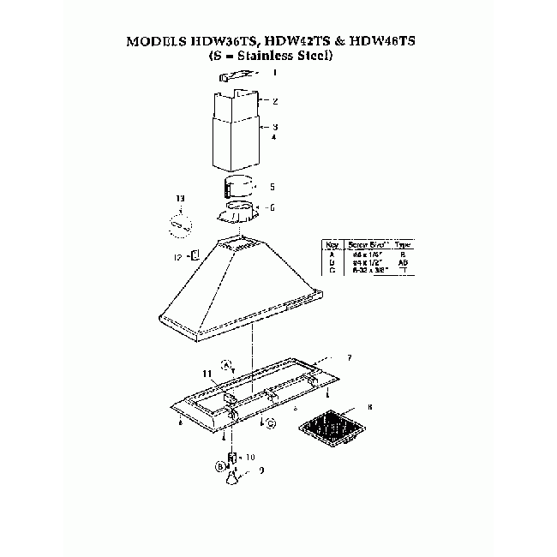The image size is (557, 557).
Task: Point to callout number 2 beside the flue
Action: [x=274, y=100]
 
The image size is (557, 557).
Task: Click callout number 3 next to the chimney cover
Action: [x=274, y=126]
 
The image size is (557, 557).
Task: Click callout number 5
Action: [x=272, y=186]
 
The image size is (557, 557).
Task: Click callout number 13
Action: [x=180, y=199]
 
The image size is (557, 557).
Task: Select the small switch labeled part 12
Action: [x=195, y=255]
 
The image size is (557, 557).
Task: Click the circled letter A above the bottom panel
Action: [x=226, y=363]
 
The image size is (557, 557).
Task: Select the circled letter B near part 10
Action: [x=220, y=467]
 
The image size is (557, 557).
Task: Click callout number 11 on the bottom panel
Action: [x=206, y=374]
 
